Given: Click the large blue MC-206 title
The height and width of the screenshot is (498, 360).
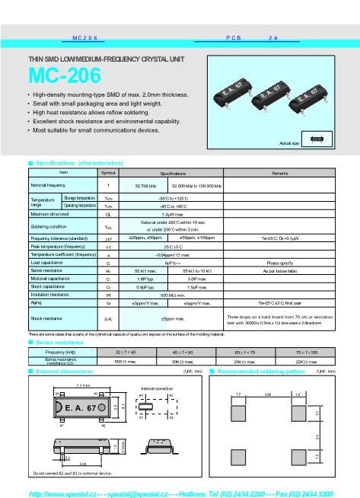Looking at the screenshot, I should pos(63,77).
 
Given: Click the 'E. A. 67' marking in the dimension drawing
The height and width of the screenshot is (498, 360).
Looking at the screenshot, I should pos(81,409).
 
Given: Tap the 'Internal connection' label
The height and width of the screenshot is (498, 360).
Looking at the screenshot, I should pos(157,388).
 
